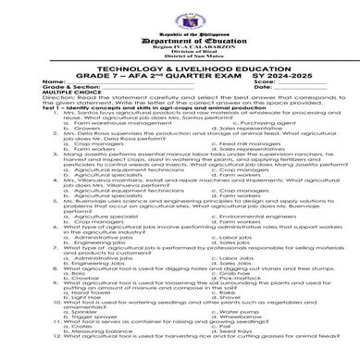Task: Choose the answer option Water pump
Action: click(x=222, y=319)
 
